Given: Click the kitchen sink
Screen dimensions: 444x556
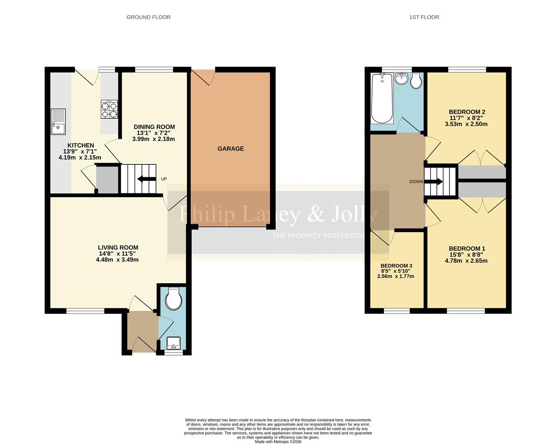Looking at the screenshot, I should click(58, 121).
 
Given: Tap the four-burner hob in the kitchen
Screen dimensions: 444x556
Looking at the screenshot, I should click(109, 109).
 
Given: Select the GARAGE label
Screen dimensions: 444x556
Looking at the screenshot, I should click(230, 148).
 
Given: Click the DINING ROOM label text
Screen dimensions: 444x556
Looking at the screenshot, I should click(154, 127).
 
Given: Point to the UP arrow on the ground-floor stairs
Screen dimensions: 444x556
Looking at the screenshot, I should click(146, 179).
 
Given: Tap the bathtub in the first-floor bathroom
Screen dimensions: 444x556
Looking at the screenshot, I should click(382, 98).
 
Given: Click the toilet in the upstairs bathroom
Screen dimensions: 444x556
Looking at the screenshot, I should click(416, 81).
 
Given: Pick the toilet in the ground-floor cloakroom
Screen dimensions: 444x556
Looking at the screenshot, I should click(173, 299).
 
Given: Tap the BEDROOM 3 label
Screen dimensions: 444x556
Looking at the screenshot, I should click(396, 266).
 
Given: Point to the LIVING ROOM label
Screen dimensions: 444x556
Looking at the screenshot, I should click(118, 247).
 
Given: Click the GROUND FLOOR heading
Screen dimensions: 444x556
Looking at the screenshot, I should click(148, 17).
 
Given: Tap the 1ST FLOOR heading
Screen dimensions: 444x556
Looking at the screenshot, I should click(424, 17).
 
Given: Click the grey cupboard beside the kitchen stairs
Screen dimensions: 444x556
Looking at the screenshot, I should click(107, 180).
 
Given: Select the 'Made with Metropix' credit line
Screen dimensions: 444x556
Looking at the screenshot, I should click(278, 442).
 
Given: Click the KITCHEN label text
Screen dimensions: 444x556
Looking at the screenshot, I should click(81, 146).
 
